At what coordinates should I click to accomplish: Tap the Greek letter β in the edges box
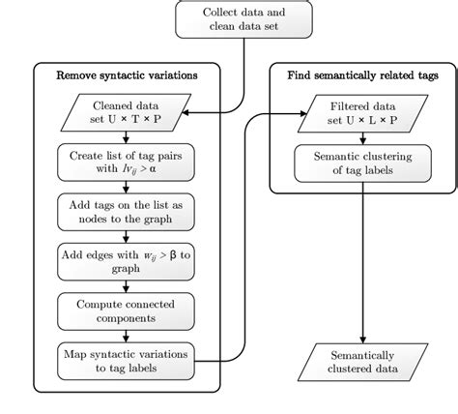pos(160,255)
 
